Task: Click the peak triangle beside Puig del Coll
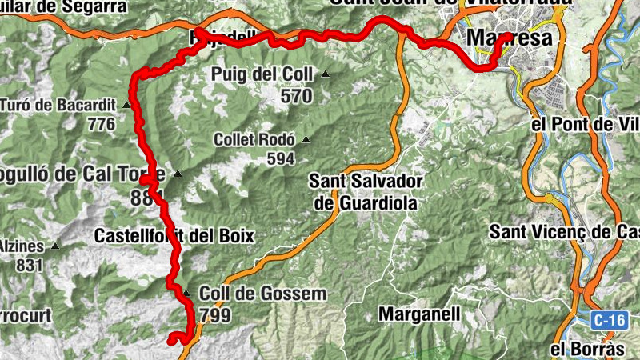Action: coord(326,75)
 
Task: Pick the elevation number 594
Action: coord(281,158)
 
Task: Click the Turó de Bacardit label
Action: coord(58,105)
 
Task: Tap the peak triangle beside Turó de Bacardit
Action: coord(126,105)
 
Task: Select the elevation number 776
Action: coord(102,124)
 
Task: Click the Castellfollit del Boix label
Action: coord(174,236)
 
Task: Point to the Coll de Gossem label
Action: coord(262,294)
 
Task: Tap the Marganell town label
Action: coord(418,314)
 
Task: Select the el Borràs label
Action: coord(586,349)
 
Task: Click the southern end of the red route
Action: coord(171,342)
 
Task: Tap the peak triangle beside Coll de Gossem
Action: coord(186,294)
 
